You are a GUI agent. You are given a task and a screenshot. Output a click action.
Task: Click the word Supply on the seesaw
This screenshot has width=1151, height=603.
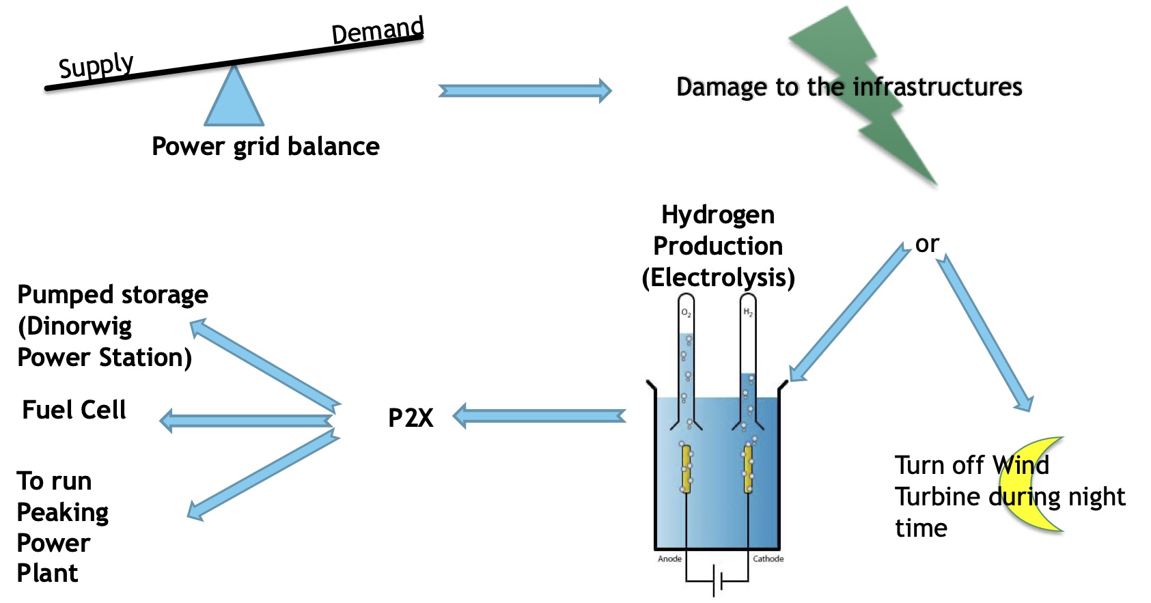pyautogui.click(x=96, y=66)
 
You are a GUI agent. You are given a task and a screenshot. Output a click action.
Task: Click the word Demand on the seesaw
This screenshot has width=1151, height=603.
pyautogui.click(x=377, y=30)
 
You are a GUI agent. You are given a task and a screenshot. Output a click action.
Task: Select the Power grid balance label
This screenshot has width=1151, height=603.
pyautogui.click(x=266, y=146)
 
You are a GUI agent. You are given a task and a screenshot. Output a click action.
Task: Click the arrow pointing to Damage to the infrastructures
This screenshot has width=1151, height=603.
pyautogui.click(x=525, y=91)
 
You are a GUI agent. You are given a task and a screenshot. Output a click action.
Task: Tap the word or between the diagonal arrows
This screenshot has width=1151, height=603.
pyautogui.click(x=927, y=244)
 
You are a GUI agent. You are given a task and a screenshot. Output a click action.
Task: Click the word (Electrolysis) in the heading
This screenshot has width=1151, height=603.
pyautogui.click(x=718, y=277)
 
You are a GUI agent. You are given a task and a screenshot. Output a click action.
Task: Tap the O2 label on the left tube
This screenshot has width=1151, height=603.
pyautogui.click(x=686, y=313)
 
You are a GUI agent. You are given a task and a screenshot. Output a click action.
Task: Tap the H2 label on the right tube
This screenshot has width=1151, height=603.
pyautogui.click(x=748, y=312)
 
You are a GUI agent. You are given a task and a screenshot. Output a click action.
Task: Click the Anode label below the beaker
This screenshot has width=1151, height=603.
pyautogui.click(x=669, y=559)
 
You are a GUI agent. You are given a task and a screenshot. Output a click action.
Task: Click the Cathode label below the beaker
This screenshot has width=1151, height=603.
pyautogui.click(x=768, y=559)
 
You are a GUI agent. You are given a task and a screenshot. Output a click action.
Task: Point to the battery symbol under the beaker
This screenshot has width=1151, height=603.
pyautogui.click(x=717, y=580)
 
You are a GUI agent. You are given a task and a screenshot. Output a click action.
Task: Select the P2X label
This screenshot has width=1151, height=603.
pyautogui.click(x=411, y=417)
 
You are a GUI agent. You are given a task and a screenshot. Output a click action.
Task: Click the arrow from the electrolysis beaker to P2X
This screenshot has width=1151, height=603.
pyautogui.click(x=540, y=416)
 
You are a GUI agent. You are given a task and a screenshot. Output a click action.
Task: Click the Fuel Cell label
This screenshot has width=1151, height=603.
pyautogui.click(x=74, y=410)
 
